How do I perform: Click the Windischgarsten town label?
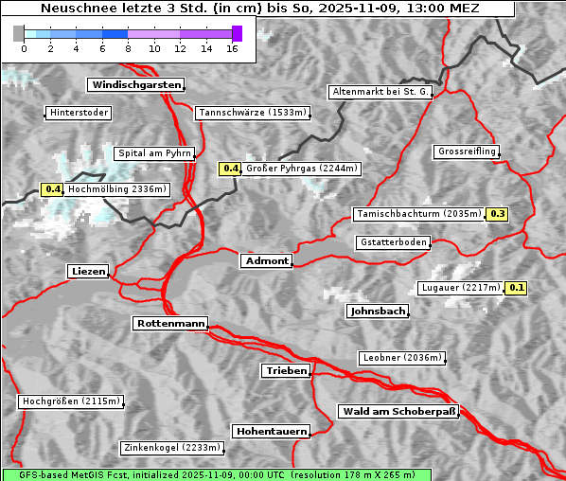tap(134, 85)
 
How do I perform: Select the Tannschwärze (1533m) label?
tap(252, 113)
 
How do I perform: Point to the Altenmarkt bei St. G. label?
tap(380, 92)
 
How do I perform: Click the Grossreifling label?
tap(467, 151)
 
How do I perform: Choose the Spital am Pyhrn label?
tap(154, 153)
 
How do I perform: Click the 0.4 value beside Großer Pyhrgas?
tap(230, 169)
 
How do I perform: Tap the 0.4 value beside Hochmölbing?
tap(53, 189)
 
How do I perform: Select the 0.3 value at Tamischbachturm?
tap(497, 214)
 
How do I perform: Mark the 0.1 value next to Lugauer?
tap(516, 288)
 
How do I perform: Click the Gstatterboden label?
tap(393, 242)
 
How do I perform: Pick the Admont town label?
tap(266, 260)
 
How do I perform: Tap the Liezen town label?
tap(88, 272)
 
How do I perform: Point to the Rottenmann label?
tap(170, 324)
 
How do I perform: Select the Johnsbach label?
tap(378, 311)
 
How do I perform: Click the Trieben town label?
tap(285, 371)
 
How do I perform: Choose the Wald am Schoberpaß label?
tap(398, 411)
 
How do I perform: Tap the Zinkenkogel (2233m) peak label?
tap(171, 448)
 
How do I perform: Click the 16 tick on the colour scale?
tap(232, 48)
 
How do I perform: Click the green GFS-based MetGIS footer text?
tap(217, 474)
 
